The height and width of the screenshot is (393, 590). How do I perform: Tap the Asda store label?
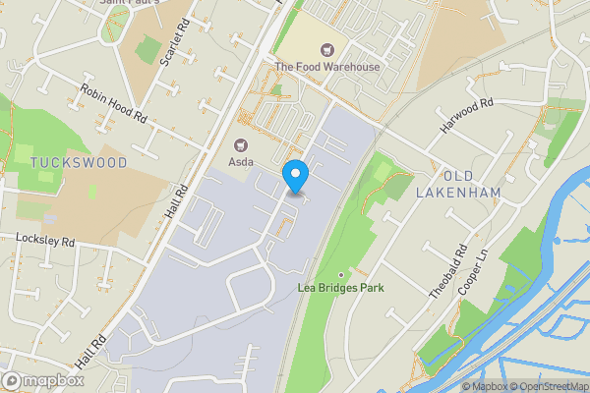pyautogui.click(x=241, y=161)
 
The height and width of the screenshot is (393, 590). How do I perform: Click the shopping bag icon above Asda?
pyautogui.click(x=241, y=144)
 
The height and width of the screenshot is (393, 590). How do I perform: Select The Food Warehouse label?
pyautogui.click(x=326, y=67)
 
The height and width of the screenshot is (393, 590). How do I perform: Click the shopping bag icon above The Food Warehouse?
pyautogui.click(x=326, y=49)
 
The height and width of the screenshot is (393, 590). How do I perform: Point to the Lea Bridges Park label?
pyautogui.click(x=340, y=288)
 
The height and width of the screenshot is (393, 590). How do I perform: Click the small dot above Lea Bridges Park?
pyautogui.click(x=341, y=274)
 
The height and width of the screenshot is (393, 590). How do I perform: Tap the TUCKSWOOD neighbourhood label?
pyautogui.click(x=79, y=162)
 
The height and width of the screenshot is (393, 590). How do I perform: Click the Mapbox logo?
pyautogui.click(x=43, y=380)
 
